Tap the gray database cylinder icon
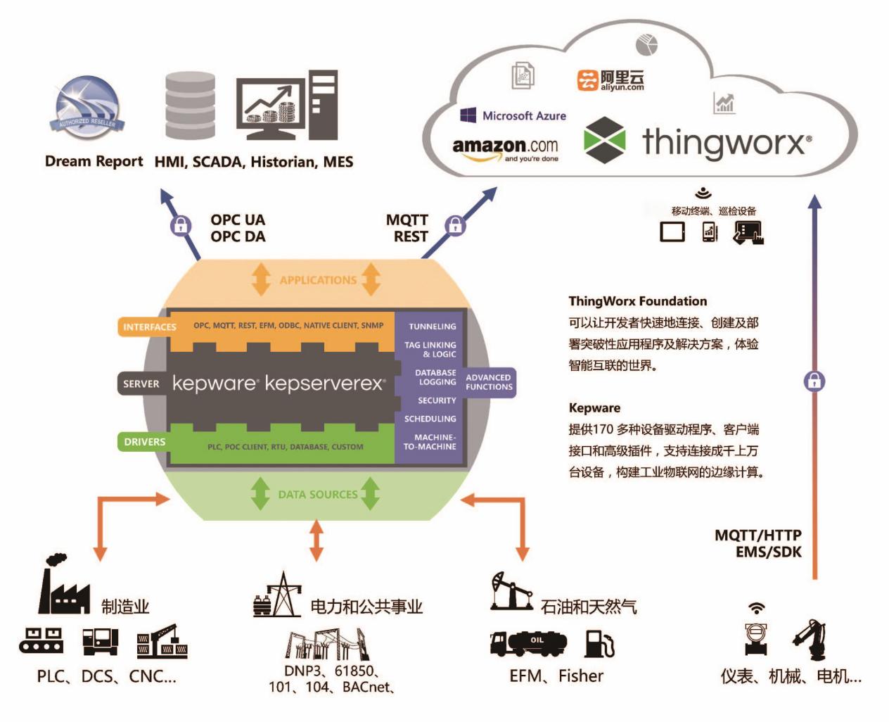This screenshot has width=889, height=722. (190, 106)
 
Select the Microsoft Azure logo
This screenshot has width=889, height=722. (513, 115)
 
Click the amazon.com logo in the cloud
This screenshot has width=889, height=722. (505, 148)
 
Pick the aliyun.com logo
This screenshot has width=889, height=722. (610, 80)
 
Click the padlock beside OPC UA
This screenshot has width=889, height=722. (181, 225)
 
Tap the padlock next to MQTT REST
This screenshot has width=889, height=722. (456, 225)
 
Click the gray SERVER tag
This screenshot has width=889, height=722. (141, 384)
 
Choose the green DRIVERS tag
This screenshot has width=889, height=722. (144, 442)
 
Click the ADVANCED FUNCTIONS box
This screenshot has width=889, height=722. (489, 382)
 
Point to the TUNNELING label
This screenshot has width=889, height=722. (432, 327)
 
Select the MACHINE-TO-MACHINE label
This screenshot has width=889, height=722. (430, 442)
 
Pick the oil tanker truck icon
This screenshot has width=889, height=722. (528, 642)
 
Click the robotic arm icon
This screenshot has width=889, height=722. (809, 640)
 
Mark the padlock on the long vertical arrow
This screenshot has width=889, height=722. (814, 381)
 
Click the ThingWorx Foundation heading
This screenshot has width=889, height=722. (638, 301)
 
